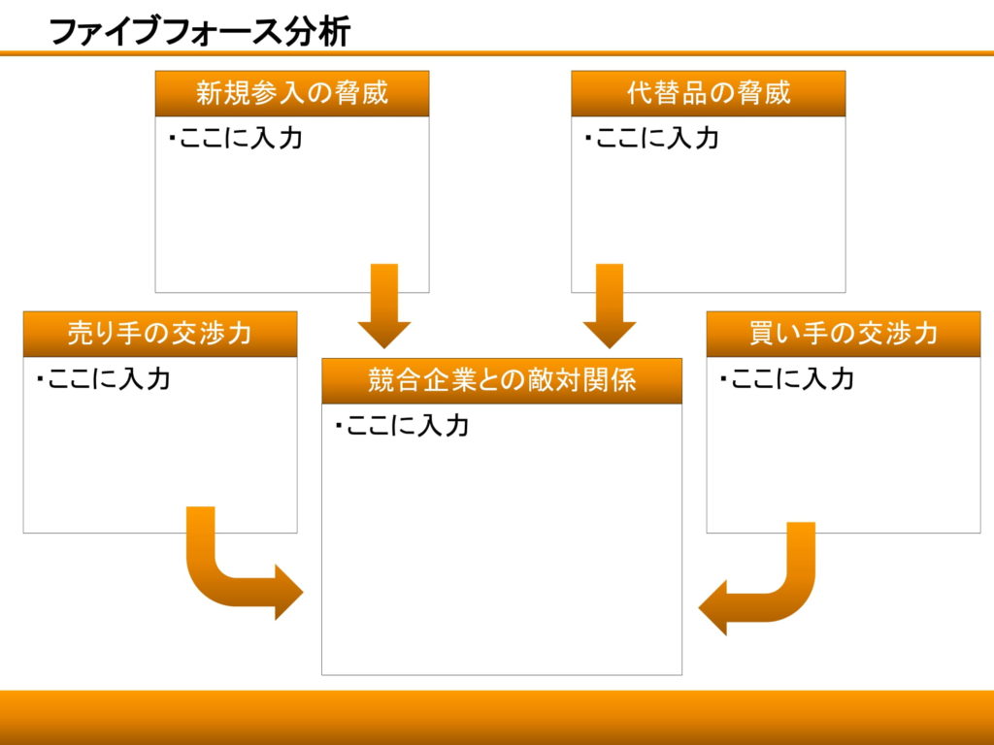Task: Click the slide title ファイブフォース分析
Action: coord(199,31)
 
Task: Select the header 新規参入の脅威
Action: coord(292,93)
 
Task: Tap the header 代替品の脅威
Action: coord(708,93)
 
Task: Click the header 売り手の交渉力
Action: coord(160,334)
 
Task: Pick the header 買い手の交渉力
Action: coord(843,334)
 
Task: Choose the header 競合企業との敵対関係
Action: coord(502,380)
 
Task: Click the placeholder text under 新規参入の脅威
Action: coord(235,138)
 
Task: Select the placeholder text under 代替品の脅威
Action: coord(651,138)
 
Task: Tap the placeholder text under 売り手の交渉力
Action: coord(103,378)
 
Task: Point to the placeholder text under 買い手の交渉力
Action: coord(786,378)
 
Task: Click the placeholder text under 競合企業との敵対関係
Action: coord(401,425)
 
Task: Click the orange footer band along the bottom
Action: coord(497,717)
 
